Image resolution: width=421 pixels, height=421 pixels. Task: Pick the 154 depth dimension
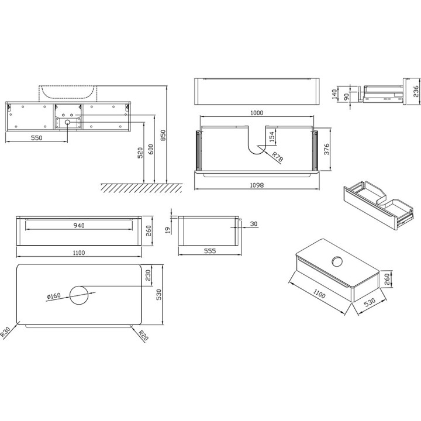271,137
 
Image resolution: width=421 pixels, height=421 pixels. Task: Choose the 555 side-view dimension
210,251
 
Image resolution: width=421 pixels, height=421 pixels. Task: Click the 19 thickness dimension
168,230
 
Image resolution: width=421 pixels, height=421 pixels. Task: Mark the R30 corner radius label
8,333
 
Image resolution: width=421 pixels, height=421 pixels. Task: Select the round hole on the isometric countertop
337,261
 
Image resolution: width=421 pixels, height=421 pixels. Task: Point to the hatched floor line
140,187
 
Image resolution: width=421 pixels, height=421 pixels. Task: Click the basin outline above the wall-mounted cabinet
68,92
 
